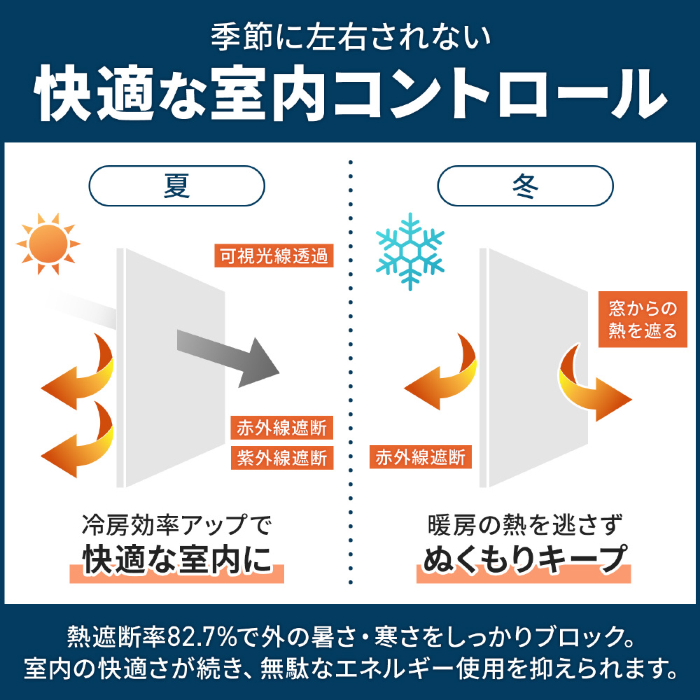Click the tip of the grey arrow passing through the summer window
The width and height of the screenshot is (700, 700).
[279, 372]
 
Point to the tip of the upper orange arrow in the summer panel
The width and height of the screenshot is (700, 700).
[41, 388]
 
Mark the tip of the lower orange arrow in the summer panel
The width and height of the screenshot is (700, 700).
[41, 456]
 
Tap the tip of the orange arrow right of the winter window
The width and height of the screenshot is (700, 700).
[631, 399]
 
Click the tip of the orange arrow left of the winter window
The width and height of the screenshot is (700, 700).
[404, 388]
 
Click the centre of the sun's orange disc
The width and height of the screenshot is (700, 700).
[48, 244]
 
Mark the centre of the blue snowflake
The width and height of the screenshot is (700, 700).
[409, 251]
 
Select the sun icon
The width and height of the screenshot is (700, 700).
[48, 244]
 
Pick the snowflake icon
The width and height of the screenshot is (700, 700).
[409, 251]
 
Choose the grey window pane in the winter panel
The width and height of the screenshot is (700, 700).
[534, 367]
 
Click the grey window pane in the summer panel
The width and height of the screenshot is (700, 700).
[171, 367]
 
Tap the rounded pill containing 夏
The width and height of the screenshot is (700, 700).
[177, 185]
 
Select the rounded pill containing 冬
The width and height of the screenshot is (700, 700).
[525, 185]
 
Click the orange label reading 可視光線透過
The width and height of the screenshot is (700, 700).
[274, 255]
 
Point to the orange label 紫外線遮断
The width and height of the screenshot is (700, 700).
[282, 458]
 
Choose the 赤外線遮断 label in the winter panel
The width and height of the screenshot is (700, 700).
[421, 456]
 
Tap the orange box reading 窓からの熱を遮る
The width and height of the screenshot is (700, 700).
[643, 319]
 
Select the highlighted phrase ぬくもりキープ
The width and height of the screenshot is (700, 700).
[524, 560]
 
